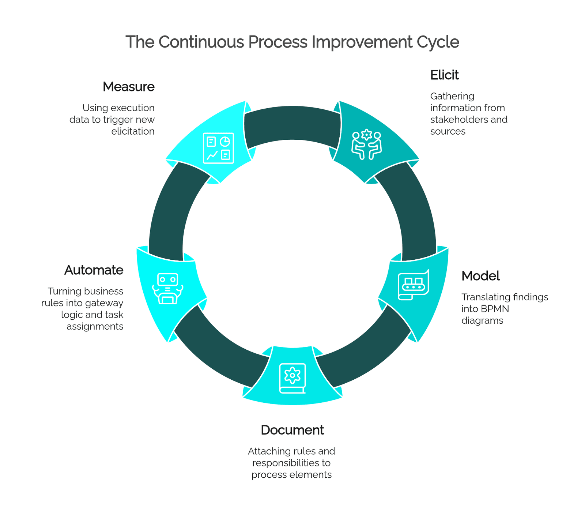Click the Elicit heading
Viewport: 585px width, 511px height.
pos(444,75)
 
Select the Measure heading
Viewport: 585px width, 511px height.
pos(129,87)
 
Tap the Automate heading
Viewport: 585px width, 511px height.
pos(94,270)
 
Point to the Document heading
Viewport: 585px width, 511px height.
pos(292,430)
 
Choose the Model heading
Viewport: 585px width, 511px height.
pos(480,276)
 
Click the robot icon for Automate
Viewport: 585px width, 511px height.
pos(168,289)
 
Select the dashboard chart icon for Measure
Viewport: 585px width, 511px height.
pos(219,148)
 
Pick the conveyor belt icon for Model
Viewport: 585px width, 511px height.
pos(414,285)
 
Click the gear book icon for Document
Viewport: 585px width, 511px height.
pos(292,379)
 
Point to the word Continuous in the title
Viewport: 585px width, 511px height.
pos(201,42)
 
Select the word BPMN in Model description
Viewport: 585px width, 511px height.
pos(495,309)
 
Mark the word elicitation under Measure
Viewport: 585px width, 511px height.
pos(133,131)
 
